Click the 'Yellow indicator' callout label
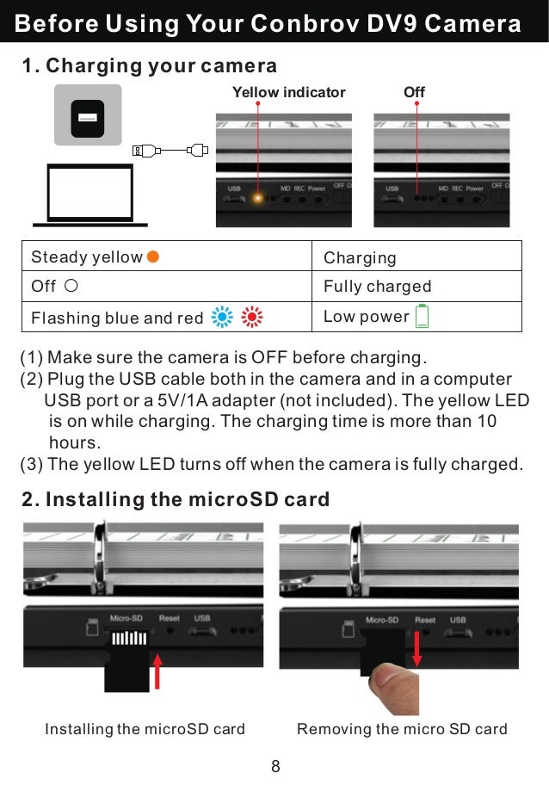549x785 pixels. pyautogui.click(x=288, y=92)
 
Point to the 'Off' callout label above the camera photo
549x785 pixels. pyautogui.click(x=414, y=92)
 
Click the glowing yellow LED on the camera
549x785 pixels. pyautogui.click(x=256, y=200)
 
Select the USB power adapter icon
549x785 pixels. pyautogui.click(x=88, y=115)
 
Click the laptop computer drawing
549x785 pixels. pyautogui.click(x=89, y=195)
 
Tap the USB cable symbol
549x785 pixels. pyautogui.click(x=170, y=151)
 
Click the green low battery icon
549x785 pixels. pyautogui.click(x=422, y=317)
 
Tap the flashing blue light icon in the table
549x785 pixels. pyautogui.click(x=221, y=318)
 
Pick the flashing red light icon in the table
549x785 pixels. pyautogui.click(x=251, y=318)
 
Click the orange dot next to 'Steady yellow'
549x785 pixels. pyautogui.click(x=152, y=256)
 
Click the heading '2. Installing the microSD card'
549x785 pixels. pyautogui.click(x=175, y=500)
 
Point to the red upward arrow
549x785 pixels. pyautogui.click(x=157, y=672)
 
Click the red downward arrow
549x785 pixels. pyautogui.click(x=417, y=647)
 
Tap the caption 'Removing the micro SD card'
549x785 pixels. pyautogui.click(x=402, y=729)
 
